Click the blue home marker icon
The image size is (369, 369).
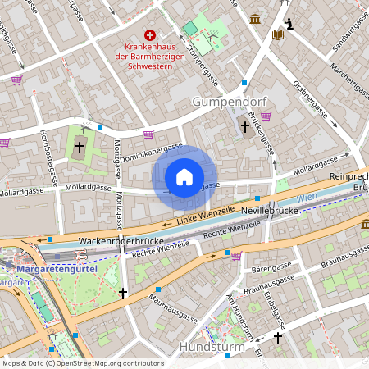coord(184,177)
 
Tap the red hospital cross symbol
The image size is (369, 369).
coord(150,34)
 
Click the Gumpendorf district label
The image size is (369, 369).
coord(224,101)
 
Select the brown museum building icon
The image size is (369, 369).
coord(255,19)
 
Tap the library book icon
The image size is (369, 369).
coord(278,34)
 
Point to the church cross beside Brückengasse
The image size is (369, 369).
coord(244,126)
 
